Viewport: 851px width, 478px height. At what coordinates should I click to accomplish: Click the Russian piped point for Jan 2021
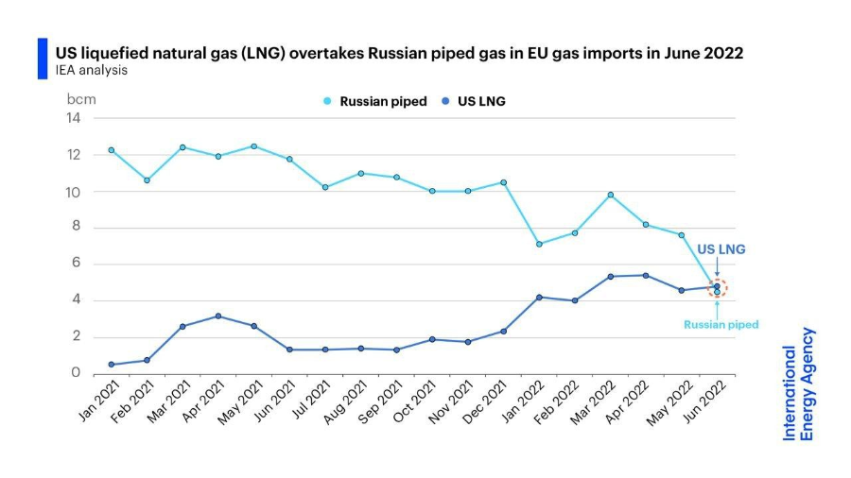coord(111,150)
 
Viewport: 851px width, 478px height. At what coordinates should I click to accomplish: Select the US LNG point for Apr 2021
coord(218,316)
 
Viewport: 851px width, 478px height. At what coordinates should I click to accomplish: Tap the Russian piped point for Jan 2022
coord(539,244)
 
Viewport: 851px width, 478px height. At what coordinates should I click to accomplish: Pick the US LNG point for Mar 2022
coord(610,276)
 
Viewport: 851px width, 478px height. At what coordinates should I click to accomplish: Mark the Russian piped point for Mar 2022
coord(610,195)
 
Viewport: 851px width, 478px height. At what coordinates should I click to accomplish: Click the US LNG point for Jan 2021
coord(111,365)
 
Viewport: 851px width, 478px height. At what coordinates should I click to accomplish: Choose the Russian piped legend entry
coord(375,101)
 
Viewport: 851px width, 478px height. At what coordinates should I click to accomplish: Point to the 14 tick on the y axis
coord(73,118)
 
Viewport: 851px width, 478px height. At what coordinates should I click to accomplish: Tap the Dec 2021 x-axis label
coord(489,401)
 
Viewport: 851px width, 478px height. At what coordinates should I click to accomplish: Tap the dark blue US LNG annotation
coord(721,249)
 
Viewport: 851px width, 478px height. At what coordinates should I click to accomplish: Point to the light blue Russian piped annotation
coord(721,324)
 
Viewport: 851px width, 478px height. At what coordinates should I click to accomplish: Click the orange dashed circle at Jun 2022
coord(717,289)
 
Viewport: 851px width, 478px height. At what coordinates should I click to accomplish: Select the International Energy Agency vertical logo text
coord(798,384)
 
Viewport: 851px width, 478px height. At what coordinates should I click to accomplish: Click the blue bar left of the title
coord(42,59)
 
